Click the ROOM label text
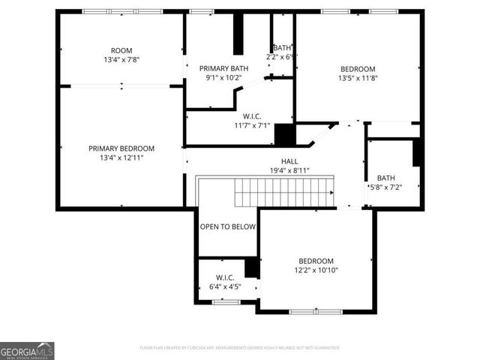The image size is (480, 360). pyautogui.click(x=121, y=51)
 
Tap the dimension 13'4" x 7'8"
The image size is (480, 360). pyautogui.click(x=121, y=60)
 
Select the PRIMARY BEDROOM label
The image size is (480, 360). pyautogui.click(x=121, y=148)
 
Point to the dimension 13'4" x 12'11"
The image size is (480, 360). pyautogui.click(x=121, y=158)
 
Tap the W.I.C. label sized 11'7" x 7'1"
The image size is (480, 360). pyautogui.click(x=251, y=116)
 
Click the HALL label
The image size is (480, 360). pyautogui.click(x=289, y=161)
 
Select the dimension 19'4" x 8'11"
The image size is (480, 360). pyautogui.click(x=289, y=171)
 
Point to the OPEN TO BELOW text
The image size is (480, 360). pyautogui.click(x=227, y=226)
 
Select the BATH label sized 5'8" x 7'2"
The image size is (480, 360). pyautogui.click(x=386, y=178)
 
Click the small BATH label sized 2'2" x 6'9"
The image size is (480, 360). pyautogui.click(x=282, y=47)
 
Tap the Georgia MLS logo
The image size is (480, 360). pyautogui.click(x=27, y=350)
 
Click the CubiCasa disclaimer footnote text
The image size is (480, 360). pyautogui.click(x=240, y=348)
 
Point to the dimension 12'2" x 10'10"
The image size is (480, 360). pyautogui.click(x=315, y=270)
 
